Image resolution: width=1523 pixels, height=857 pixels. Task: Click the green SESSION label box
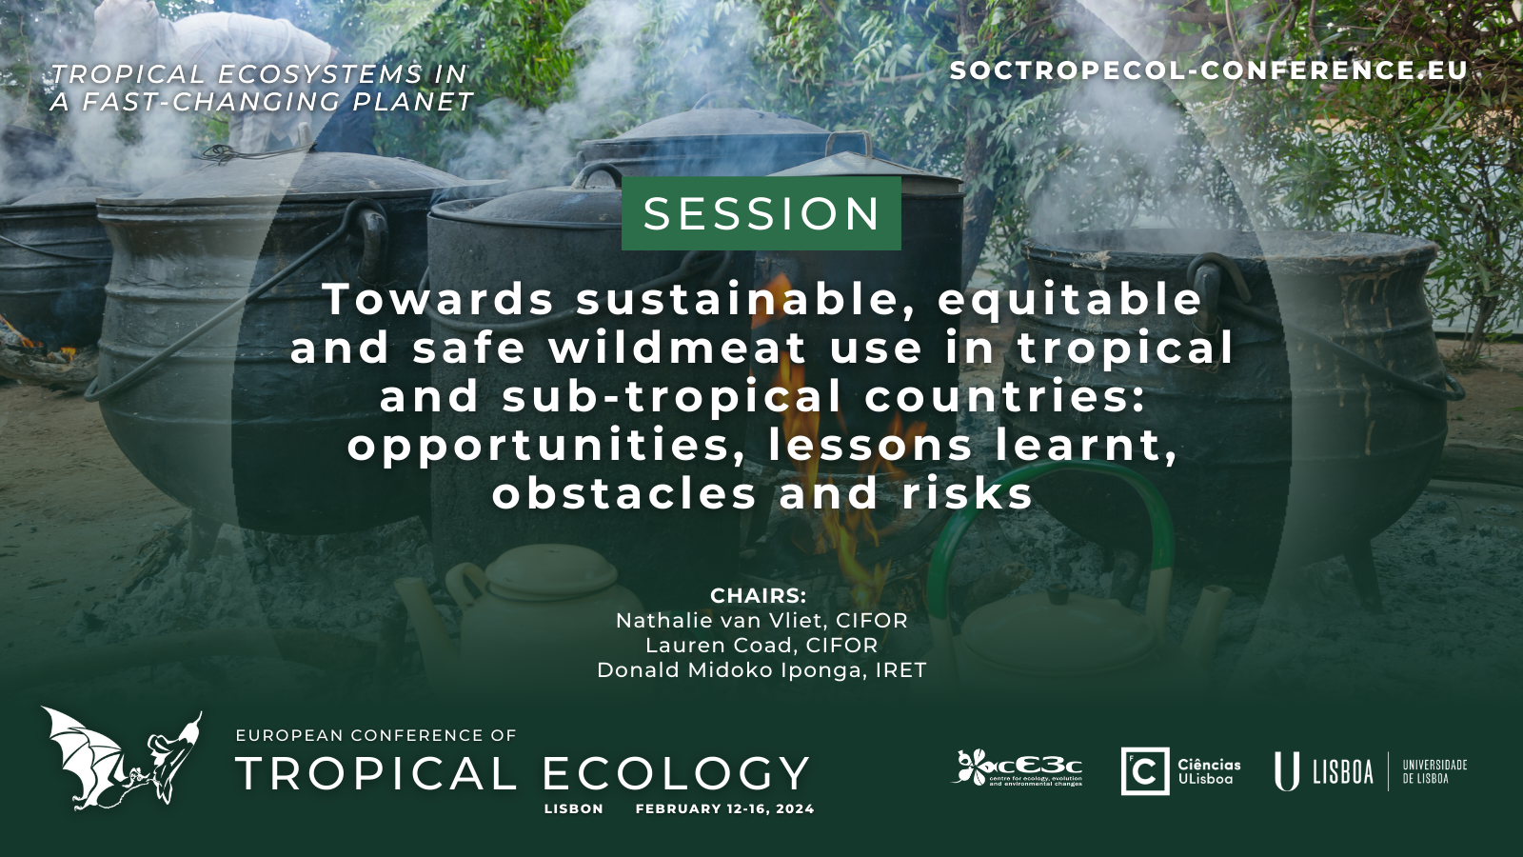click(761, 213)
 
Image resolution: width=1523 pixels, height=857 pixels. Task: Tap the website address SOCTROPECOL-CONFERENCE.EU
click(1209, 70)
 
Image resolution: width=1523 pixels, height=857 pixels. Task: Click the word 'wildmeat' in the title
click(677, 348)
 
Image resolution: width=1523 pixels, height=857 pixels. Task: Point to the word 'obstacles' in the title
click(624, 493)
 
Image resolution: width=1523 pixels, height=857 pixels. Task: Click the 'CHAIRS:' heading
click(758, 596)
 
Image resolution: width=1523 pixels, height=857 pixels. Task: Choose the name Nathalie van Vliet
click(718, 620)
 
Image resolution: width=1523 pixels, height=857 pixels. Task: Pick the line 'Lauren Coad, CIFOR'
click(761, 645)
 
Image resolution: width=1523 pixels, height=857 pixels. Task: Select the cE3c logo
click(1018, 767)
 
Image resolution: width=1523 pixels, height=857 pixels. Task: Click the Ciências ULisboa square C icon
click(1145, 771)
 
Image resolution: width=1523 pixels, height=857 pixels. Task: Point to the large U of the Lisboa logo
click(1286, 771)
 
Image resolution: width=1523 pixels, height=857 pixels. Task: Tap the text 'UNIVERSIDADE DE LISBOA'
click(1434, 771)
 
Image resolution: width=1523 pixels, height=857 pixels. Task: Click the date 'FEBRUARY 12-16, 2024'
click(724, 808)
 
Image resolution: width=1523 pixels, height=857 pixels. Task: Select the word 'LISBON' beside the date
click(574, 808)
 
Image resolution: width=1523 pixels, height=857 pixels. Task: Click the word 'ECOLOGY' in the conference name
click(675, 773)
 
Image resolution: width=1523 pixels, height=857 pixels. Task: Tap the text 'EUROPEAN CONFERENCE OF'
click(376, 735)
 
